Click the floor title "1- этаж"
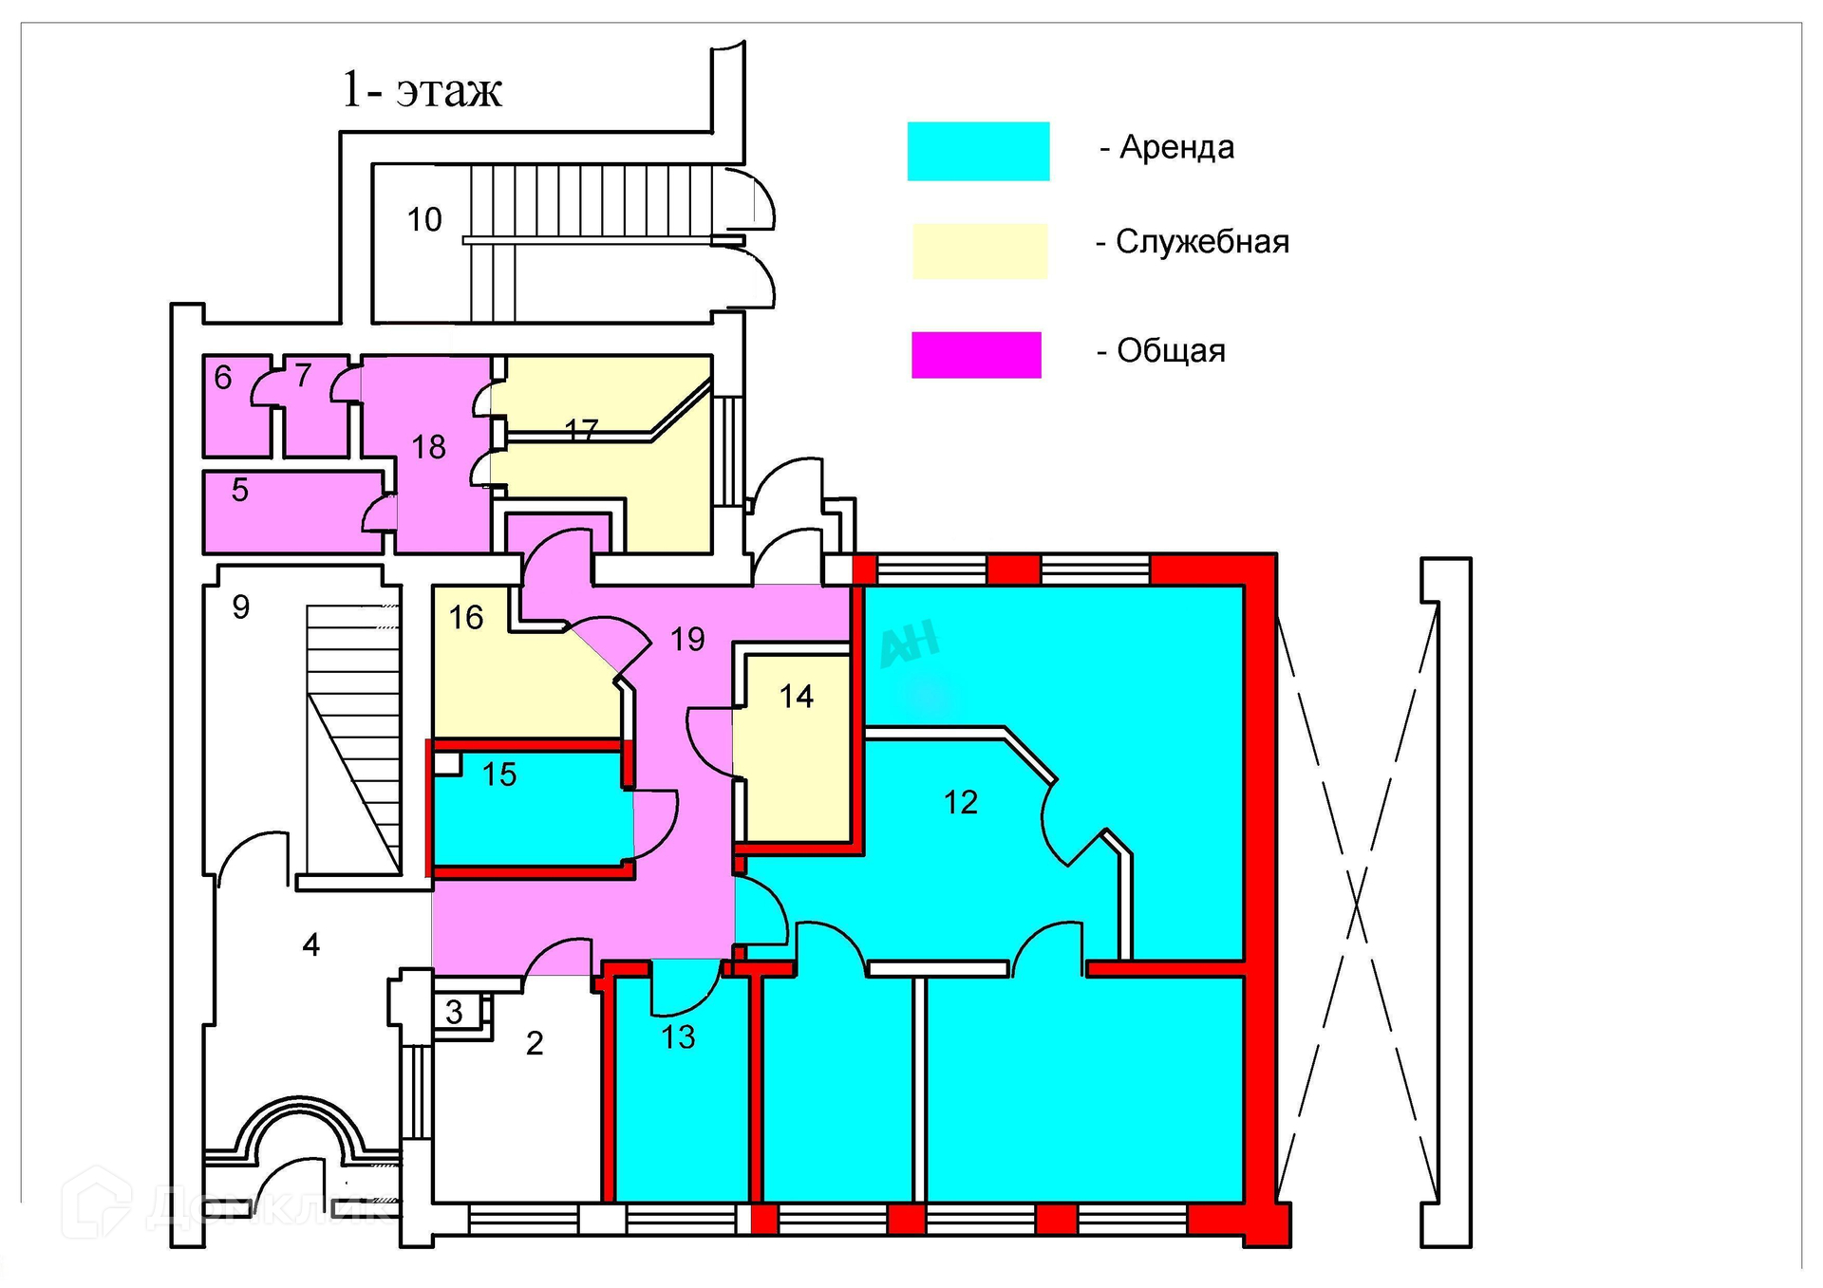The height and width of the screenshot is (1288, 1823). tap(422, 90)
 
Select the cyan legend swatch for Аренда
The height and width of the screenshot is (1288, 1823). tap(978, 151)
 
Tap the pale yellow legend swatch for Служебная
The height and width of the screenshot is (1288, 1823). tap(979, 251)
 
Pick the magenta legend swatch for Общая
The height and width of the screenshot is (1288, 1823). tap(976, 355)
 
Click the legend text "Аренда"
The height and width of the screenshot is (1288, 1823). tap(1176, 147)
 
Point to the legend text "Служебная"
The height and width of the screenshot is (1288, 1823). tap(1201, 242)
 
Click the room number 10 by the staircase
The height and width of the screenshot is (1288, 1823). tap(424, 220)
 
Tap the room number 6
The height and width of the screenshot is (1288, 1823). tap(223, 378)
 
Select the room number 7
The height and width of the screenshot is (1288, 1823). tap(303, 376)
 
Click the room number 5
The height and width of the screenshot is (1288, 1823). tap(240, 491)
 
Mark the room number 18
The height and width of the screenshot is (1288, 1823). tap(428, 447)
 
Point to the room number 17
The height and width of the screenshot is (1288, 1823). tap(581, 431)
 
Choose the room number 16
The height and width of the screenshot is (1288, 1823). tap(466, 618)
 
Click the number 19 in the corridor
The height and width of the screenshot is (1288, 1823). tap(687, 640)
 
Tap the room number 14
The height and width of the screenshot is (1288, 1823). tap(796, 698)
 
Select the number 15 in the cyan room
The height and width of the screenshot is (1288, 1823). tap(499, 775)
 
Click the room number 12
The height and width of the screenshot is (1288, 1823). tap(960, 803)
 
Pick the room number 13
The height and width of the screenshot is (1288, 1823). tap(678, 1037)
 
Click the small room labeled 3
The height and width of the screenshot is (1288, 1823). tap(454, 1012)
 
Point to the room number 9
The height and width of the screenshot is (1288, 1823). tap(241, 607)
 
